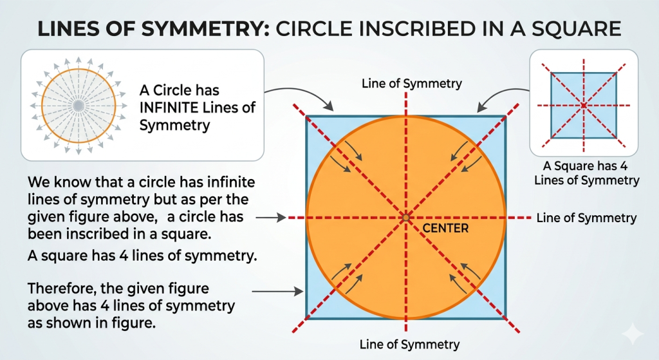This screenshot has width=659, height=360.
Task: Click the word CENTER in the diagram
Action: (x=445, y=229)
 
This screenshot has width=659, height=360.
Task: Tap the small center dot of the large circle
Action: (x=405, y=218)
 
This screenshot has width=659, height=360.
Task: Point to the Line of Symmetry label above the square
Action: (x=411, y=83)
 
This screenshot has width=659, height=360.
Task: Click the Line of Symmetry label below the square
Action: (x=409, y=345)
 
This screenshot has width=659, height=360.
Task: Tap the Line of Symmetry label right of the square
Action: (x=586, y=218)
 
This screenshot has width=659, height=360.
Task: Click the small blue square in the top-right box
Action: (x=583, y=106)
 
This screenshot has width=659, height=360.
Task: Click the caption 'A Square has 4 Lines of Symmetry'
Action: (x=586, y=173)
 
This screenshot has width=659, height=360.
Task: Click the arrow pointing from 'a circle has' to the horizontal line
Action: (x=271, y=218)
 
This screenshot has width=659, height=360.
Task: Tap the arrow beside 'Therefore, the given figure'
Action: (x=277, y=291)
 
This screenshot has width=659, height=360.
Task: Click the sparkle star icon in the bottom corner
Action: (x=633, y=334)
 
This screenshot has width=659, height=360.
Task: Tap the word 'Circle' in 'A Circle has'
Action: (x=172, y=90)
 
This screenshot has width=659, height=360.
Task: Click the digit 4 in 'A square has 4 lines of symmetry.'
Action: (x=124, y=255)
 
